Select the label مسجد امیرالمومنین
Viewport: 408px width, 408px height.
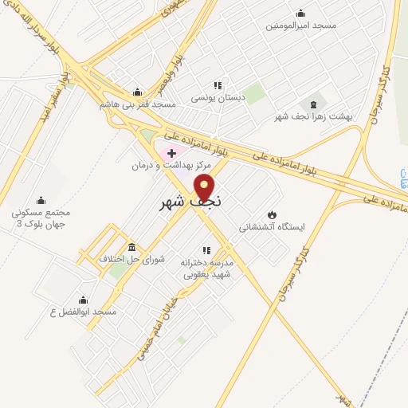[x=301, y=25]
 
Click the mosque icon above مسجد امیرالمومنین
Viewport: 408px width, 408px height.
[x=300, y=13]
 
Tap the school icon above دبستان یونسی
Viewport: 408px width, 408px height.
[x=217, y=86]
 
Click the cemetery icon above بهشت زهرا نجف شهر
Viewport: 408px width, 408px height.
[x=312, y=104]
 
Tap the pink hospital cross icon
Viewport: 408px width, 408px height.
[x=171, y=152]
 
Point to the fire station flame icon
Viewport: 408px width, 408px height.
[x=273, y=214]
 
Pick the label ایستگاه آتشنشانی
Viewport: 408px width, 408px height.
[x=273, y=227]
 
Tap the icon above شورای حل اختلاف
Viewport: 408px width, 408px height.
[x=131, y=247]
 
